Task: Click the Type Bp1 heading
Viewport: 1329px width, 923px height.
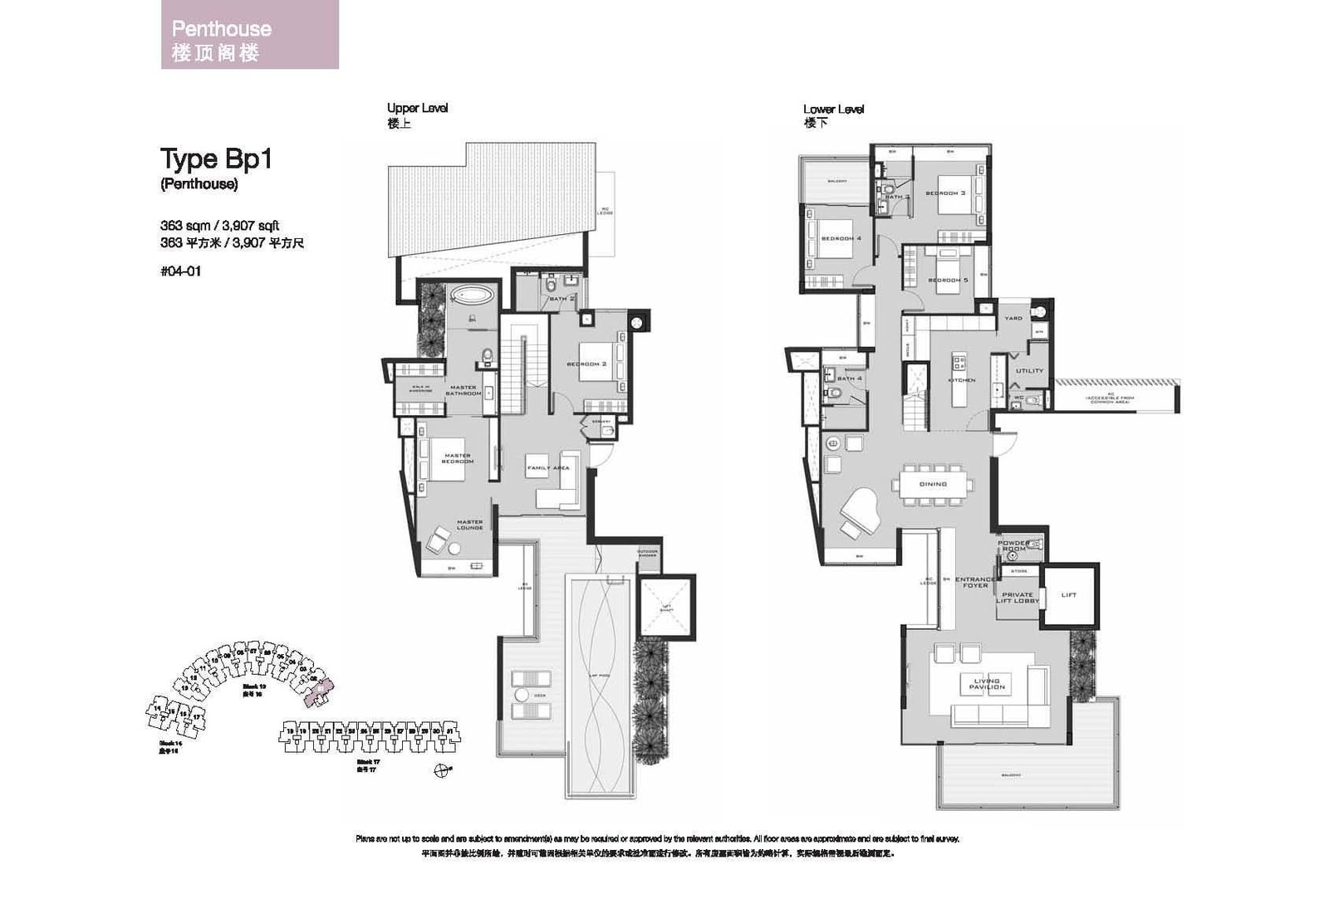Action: (215, 159)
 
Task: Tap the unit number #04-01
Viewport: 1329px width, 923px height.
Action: (180, 271)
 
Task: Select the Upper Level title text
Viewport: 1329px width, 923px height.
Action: (417, 109)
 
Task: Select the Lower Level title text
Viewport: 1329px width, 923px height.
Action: (833, 110)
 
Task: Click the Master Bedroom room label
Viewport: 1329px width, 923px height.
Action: (457, 458)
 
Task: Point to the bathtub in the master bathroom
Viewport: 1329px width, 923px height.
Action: (470, 295)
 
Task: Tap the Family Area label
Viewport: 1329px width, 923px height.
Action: (548, 468)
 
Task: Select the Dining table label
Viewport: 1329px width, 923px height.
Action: (933, 484)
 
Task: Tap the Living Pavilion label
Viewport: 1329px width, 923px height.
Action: (987, 684)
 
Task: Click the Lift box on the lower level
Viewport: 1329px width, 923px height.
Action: (1069, 594)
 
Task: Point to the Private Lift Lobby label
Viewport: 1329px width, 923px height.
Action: (1018, 598)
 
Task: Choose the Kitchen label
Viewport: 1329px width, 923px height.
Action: (961, 380)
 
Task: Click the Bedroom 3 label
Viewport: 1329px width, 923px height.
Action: (945, 193)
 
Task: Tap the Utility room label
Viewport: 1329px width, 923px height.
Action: (1029, 371)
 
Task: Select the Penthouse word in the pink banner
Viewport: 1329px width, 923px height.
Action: (221, 28)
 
